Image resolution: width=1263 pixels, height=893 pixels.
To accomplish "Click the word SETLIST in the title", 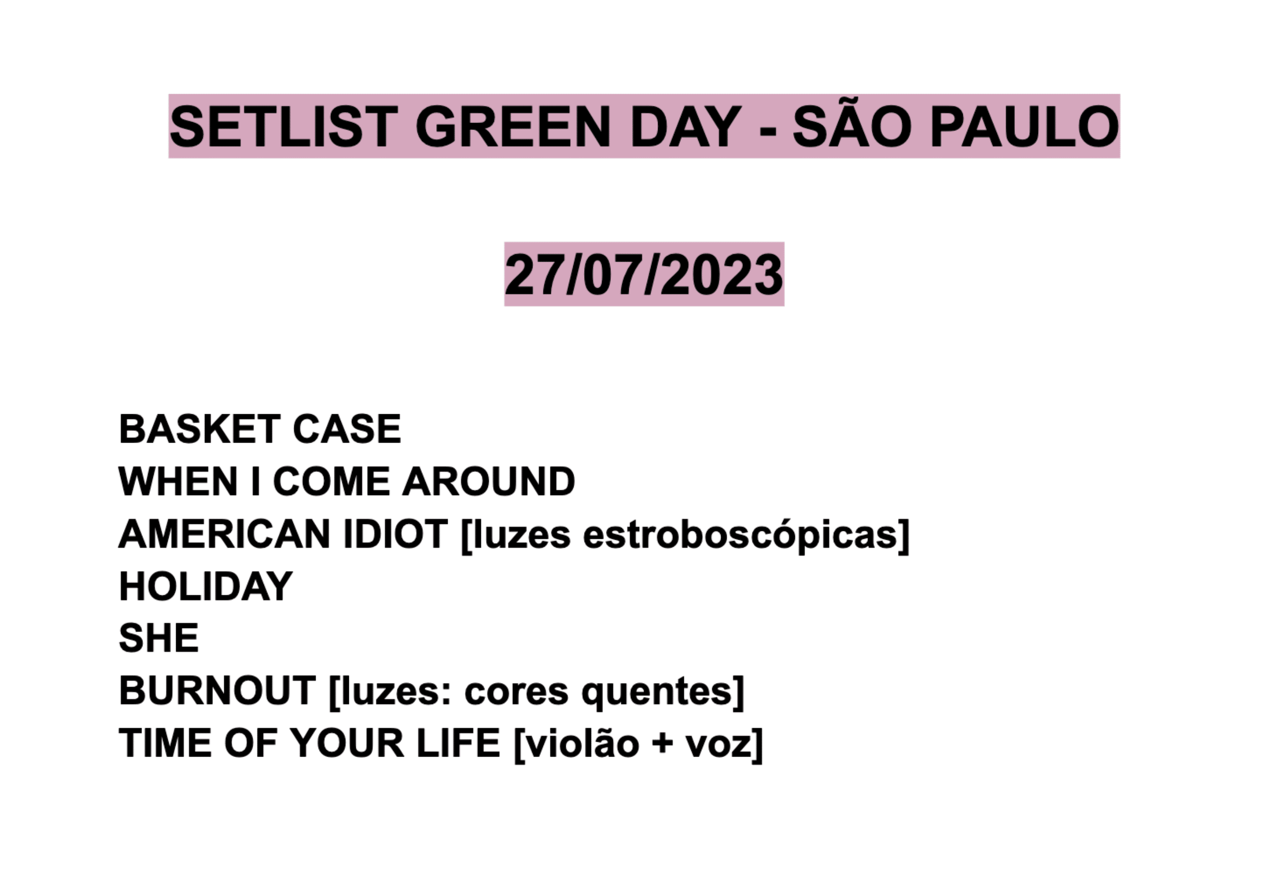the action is click(x=284, y=127).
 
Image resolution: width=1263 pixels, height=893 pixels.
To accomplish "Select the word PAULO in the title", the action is click(x=1024, y=127).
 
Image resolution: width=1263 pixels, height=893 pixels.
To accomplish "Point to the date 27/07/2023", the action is click(x=644, y=274).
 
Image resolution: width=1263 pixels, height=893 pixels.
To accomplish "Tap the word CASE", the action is click(x=347, y=429).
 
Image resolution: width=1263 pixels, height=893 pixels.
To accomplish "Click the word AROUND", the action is click(x=488, y=481).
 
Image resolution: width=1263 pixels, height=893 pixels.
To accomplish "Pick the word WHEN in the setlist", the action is click(x=178, y=481).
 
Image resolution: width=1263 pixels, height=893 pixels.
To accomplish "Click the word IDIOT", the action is click(x=396, y=533).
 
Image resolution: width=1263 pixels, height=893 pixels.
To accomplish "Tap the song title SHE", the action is click(x=159, y=638).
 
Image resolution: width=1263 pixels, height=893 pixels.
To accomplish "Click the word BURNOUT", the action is click(x=217, y=691).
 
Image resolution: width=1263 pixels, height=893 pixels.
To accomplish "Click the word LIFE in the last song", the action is click(x=458, y=743).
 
